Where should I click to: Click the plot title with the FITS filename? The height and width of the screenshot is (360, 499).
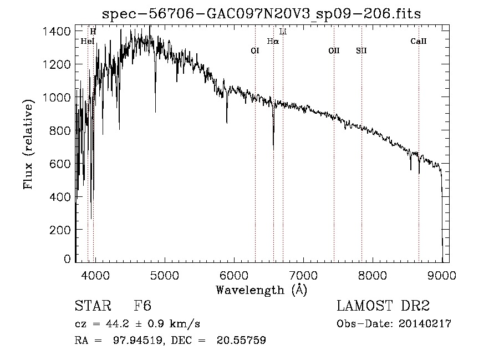[261, 14]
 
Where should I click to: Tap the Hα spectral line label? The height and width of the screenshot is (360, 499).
[272, 41]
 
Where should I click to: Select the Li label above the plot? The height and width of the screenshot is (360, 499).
[283, 32]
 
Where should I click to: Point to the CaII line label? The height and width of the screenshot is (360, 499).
[419, 41]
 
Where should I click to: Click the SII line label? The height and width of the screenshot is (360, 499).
[361, 50]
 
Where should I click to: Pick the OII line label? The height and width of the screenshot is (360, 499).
[334, 50]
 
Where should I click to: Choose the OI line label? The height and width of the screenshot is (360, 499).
[255, 50]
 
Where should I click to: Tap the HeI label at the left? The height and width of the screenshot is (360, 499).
[87, 41]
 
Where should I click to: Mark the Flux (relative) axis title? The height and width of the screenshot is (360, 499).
[28, 145]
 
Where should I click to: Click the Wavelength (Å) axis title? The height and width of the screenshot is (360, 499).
[261, 289]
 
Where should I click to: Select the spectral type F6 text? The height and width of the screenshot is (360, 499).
[142, 306]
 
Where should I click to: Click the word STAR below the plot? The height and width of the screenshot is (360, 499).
[92, 306]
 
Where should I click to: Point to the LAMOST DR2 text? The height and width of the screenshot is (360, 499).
[383, 306]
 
